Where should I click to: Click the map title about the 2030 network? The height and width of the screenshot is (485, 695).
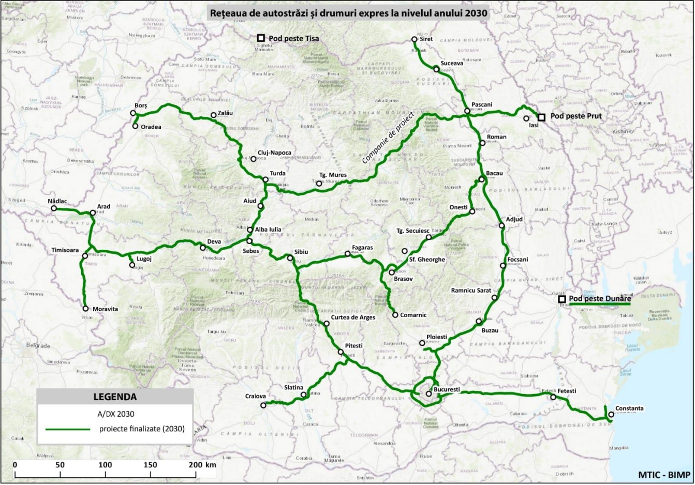pos(348,13)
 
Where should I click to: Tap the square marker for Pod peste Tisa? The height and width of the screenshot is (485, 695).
pos(261,38)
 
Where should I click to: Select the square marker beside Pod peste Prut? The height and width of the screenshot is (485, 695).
pos(541,117)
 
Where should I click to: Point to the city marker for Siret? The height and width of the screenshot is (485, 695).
pos(414,39)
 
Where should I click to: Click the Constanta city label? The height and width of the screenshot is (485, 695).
pos(629,408)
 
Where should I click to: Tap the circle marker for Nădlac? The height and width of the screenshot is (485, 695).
pos(54,208)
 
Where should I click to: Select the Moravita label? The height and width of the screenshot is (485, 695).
pos(105,309)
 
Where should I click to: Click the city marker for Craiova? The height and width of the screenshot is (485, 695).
pos(263,405)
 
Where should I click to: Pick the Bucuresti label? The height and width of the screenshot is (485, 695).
pos(447,389)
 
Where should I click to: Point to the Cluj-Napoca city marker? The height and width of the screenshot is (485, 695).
pos(254,158)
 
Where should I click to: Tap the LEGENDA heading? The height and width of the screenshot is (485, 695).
pos(115,397)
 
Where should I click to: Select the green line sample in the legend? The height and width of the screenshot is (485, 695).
pos(67,429)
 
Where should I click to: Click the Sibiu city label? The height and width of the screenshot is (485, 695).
pos(301,252)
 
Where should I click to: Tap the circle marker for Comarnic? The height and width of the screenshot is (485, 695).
pos(395,314)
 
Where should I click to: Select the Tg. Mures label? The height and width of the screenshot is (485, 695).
pos(333,175)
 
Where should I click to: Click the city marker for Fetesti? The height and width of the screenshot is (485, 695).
pos(553,397)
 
